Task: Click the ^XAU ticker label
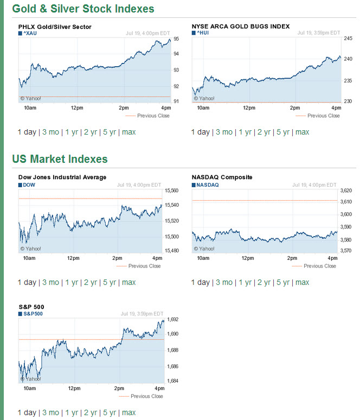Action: click(x=30, y=33)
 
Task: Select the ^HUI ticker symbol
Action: click(x=203, y=33)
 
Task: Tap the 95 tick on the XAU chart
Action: click(x=176, y=39)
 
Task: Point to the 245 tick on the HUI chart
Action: click(x=348, y=39)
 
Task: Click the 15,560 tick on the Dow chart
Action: click(x=171, y=190)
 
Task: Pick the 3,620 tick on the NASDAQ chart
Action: click(x=346, y=190)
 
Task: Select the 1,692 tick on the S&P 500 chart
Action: click(x=172, y=319)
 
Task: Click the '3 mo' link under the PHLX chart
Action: click(x=50, y=132)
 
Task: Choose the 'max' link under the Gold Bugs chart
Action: click(x=302, y=132)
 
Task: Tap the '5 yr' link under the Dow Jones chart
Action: click(x=110, y=282)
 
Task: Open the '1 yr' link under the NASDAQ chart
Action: click(x=245, y=282)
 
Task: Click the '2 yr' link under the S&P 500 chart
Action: click(x=91, y=412)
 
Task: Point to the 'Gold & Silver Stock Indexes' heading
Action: click(x=83, y=9)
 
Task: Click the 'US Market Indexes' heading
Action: click(x=60, y=159)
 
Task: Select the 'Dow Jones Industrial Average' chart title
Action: click(x=62, y=177)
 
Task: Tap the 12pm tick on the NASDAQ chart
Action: click(x=248, y=258)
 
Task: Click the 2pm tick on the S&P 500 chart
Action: click(x=119, y=389)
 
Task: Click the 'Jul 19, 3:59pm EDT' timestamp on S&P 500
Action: click(x=142, y=314)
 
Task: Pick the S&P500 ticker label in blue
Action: click(x=33, y=314)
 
